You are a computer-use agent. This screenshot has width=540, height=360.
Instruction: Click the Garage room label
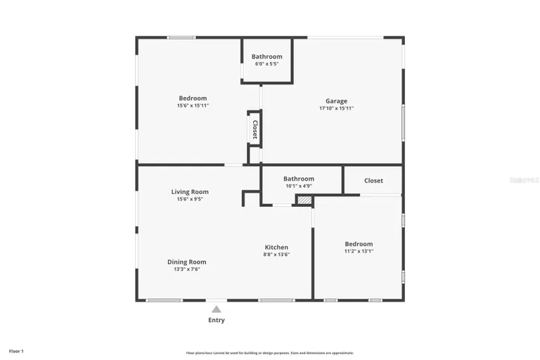click(336, 101)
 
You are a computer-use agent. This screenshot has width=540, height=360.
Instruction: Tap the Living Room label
click(190, 191)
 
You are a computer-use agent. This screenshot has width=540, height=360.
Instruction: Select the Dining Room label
click(187, 262)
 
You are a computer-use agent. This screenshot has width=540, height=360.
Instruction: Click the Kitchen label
click(276, 247)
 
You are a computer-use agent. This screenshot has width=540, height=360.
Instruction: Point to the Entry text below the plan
click(217, 321)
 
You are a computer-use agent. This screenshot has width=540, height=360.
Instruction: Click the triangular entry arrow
click(217, 309)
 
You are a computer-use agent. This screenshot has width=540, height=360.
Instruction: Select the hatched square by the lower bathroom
click(304, 200)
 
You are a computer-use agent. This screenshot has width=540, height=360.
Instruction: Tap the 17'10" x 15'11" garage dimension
click(336, 108)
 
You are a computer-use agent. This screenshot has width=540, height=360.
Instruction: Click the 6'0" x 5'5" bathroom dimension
click(267, 64)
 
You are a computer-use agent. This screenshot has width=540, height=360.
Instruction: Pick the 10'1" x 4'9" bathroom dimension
click(299, 186)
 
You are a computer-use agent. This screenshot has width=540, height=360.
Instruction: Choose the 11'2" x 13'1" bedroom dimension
click(359, 252)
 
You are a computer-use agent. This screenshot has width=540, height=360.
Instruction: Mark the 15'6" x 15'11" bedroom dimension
click(193, 105)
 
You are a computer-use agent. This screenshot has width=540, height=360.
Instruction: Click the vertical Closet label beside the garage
click(255, 129)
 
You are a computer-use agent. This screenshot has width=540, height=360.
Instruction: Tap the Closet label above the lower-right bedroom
click(373, 181)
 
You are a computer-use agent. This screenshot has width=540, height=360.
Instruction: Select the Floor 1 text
click(16, 351)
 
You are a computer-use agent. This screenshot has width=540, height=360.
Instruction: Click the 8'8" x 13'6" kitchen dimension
click(276, 255)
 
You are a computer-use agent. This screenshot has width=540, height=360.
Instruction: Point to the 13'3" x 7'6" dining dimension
click(187, 269)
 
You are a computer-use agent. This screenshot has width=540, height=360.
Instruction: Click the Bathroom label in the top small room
click(267, 56)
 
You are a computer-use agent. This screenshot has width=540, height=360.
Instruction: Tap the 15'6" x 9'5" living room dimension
click(190, 199)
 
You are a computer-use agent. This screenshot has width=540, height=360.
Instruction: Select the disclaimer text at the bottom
click(270, 353)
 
